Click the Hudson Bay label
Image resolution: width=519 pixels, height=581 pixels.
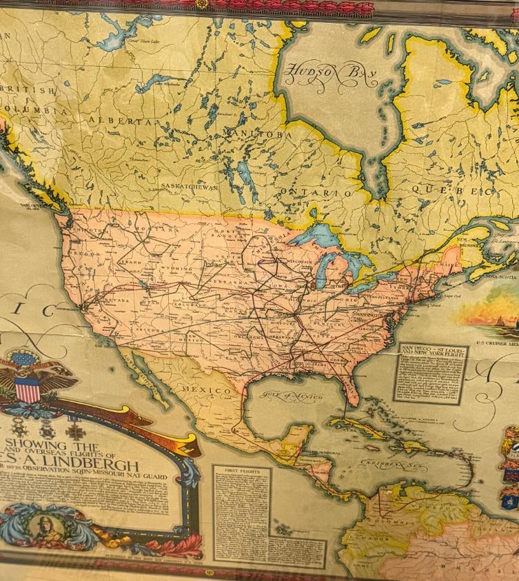click(x=331, y=76)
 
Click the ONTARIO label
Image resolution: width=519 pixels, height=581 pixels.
click(x=315, y=193)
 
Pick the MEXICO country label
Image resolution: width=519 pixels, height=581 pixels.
click(x=207, y=391)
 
